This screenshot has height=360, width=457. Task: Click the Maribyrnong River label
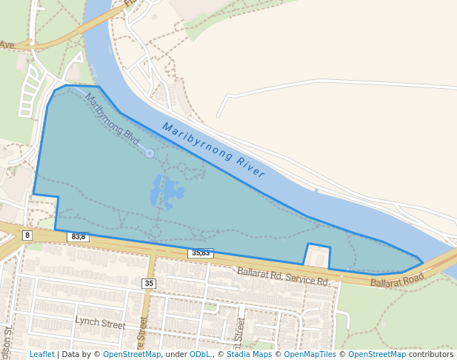point(213,150)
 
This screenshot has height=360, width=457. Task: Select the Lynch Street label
point(100,324)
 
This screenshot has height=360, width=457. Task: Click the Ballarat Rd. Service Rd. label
point(282,277)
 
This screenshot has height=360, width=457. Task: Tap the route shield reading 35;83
point(201,253)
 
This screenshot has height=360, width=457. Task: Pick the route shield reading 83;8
point(78,237)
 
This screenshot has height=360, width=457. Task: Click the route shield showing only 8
point(27,236)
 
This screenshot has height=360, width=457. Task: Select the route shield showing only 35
point(150,284)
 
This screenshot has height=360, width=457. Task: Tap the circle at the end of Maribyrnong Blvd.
point(150,153)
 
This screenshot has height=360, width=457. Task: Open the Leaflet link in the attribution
point(41,354)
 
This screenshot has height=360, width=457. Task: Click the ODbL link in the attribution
point(200,354)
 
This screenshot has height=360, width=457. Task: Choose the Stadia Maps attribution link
point(249,354)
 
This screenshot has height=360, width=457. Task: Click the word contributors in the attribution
point(431,354)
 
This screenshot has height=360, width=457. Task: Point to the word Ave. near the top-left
point(7,45)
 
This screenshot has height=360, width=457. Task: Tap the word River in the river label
point(247,166)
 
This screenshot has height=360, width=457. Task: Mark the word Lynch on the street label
point(87,322)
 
